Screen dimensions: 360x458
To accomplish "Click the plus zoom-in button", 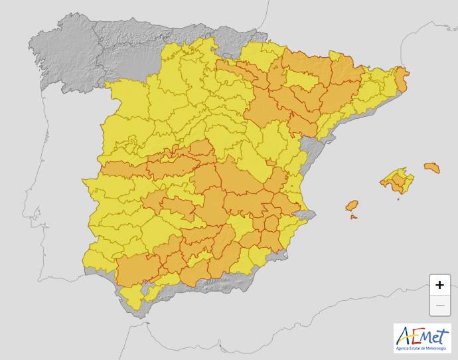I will [439, 285].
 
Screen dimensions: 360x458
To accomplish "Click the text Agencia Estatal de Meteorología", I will [422, 348].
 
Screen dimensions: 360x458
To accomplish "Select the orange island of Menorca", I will [431, 167].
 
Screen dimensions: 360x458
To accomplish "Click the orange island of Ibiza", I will [352, 205].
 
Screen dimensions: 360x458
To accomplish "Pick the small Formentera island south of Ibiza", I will [354, 217].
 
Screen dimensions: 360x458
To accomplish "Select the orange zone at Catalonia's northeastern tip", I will [402, 78].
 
